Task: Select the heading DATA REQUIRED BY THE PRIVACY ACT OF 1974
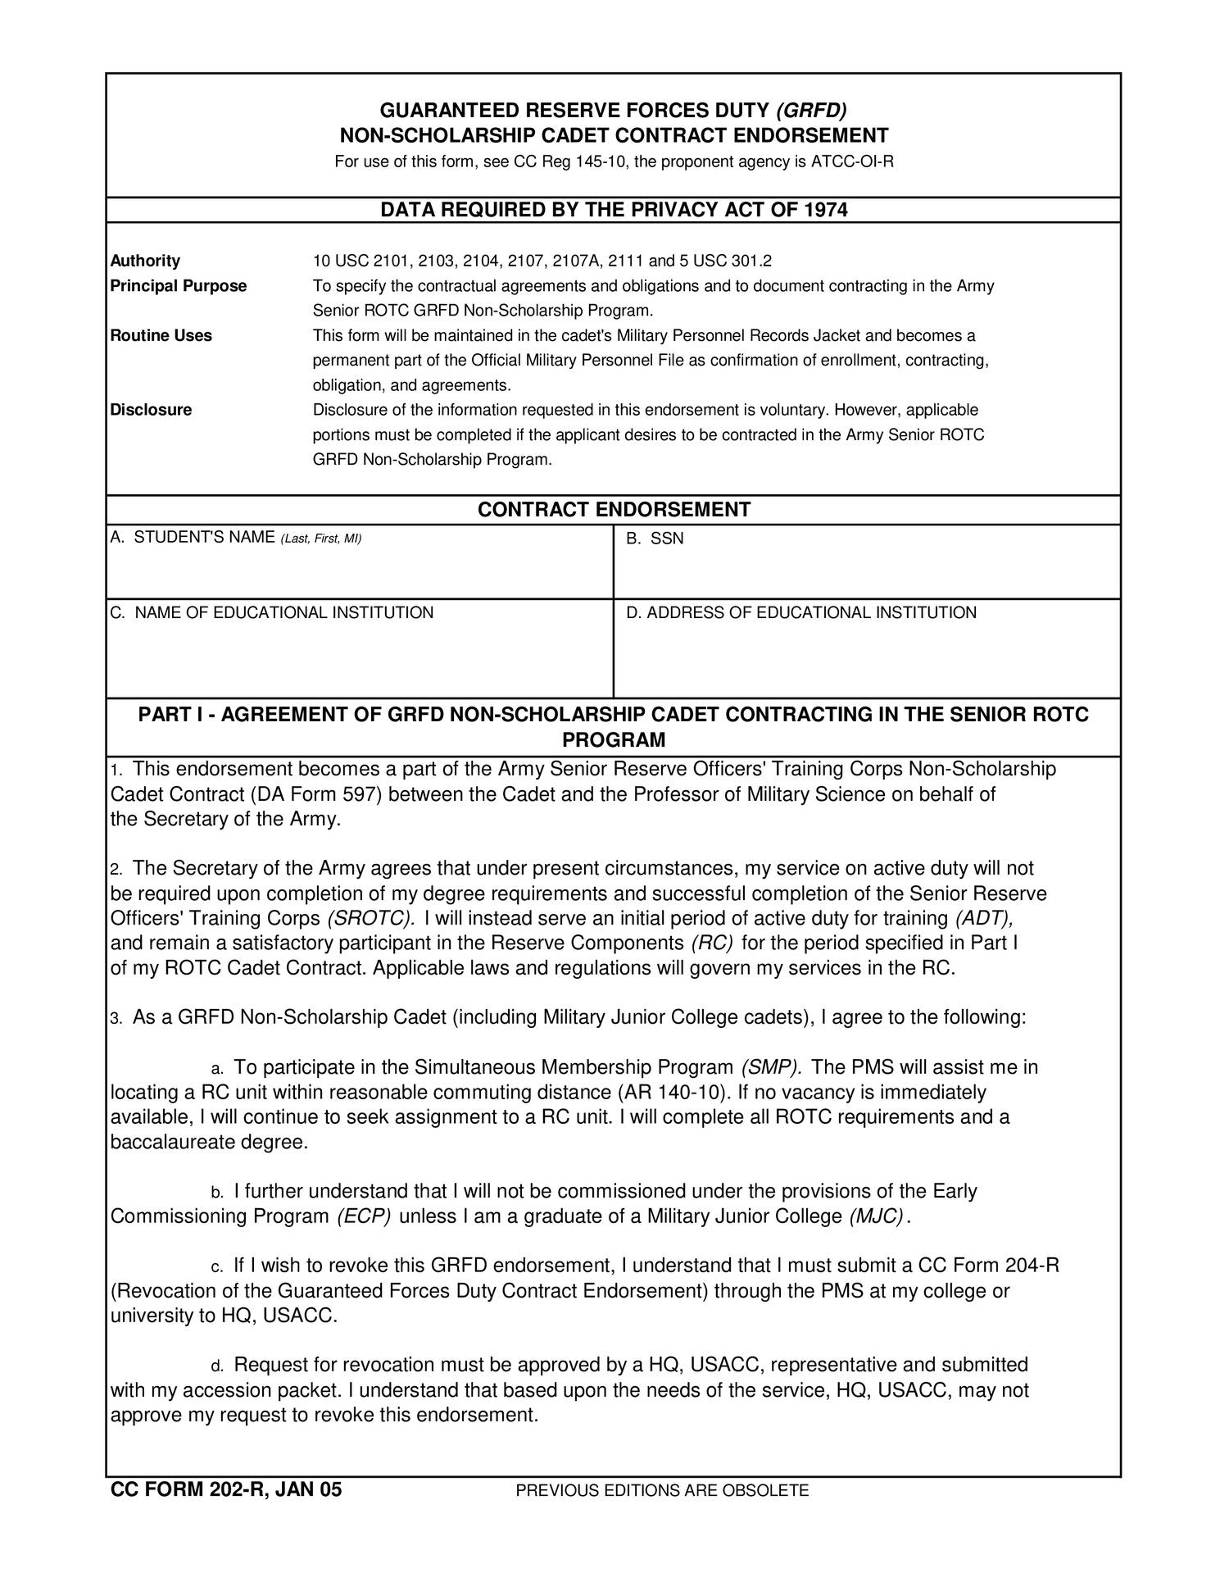614,210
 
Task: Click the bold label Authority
145,261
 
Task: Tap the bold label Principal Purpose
178,286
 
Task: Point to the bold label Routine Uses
161,335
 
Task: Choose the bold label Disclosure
151,410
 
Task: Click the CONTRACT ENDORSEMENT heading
614,510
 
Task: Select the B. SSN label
655,539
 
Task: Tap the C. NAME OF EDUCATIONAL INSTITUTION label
272,612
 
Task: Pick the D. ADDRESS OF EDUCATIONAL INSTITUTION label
801,612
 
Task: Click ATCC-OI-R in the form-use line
851,161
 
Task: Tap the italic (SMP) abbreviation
770,1067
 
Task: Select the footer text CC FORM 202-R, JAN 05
226,1490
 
